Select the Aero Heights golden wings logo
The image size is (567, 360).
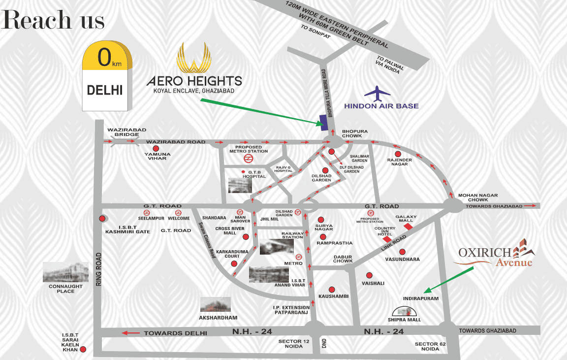[x=195, y=58]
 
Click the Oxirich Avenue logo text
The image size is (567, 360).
[x=495, y=256]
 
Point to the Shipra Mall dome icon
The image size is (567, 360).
[x=404, y=311]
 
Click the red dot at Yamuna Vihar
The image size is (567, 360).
[x=156, y=148]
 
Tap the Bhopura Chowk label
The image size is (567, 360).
[x=352, y=133]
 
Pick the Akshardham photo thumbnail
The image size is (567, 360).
[x=215, y=304]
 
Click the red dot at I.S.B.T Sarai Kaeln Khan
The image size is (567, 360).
[x=83, y=350]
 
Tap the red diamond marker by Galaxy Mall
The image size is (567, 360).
[x=408, y=227]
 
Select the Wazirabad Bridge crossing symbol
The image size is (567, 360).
[x=119, y=141]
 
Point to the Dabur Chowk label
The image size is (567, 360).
[x=343, y=259]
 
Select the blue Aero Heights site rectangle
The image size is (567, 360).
[x=323, y=123]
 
